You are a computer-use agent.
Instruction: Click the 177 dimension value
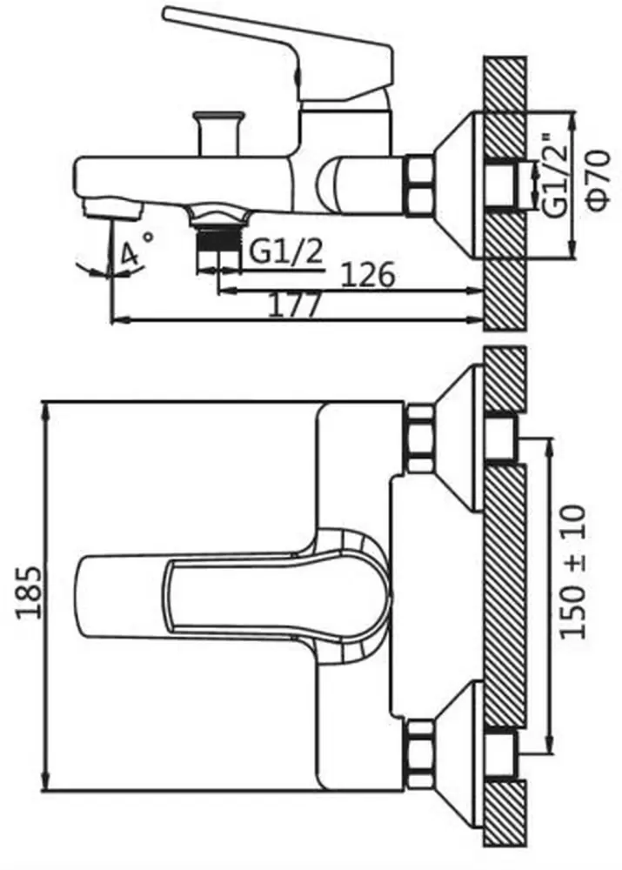tap(295, 305)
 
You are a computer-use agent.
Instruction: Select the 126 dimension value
tap(368, 275)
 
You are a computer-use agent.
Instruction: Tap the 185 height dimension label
tap(29, 592)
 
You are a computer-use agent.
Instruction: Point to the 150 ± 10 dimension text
tap(573, 572)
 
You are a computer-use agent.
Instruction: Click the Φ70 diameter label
tap(599, 181)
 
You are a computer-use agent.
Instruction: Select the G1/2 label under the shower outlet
tap(285, 252)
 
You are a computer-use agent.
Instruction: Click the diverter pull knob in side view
tap(218, 132)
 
